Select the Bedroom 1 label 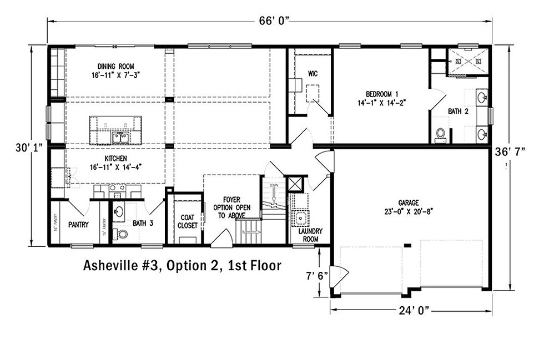(x=381, y=98)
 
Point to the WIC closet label (x=313, y=73)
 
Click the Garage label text (x=408, y=206)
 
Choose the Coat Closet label (x=186, y=222)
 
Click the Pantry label (x=79, y=225)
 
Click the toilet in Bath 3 (x=120, y=234)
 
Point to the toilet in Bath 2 (x=440, y=135)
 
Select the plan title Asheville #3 (x=182, y=266)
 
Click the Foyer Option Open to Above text (x=231, y=207)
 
